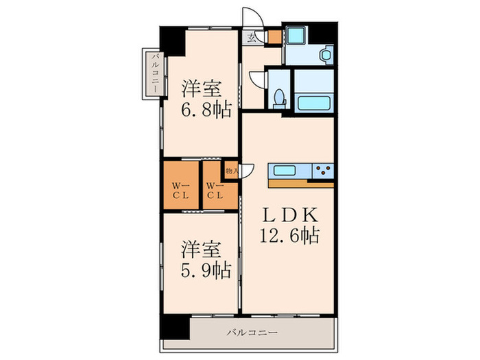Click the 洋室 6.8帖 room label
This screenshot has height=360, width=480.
point(205,99)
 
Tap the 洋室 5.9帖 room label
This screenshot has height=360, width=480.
point(205,259)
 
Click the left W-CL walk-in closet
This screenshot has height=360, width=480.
point(181,189)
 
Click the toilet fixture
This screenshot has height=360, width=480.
point(278,97)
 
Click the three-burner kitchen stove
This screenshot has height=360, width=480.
point(322,169)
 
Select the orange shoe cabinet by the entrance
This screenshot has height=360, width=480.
point(274,36)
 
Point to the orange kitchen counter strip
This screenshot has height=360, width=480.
point(300,183)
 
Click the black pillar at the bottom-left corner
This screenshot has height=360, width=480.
point(175,328)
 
